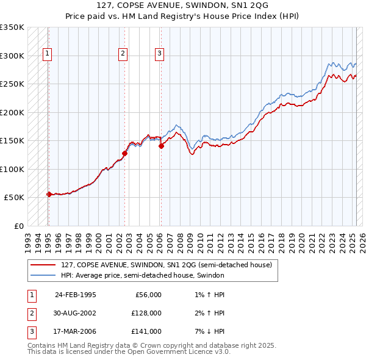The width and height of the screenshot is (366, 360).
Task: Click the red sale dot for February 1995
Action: click(49, 194)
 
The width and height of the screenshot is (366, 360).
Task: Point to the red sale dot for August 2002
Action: click(124, 154)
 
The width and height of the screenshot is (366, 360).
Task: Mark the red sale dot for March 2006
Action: click(161, 146)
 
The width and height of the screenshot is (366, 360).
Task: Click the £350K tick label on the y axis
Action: click(12, 27)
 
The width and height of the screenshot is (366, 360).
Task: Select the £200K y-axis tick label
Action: click(12, 112)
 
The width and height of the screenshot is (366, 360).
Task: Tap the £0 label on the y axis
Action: click(18, 226)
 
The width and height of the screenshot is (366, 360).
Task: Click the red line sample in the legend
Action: click(43, 264)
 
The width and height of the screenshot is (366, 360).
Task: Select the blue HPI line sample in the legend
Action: click(43, 275)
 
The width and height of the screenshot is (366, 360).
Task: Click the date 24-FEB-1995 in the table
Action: click(76, 295)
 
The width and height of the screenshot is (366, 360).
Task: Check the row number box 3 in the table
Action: click(32, 331)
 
